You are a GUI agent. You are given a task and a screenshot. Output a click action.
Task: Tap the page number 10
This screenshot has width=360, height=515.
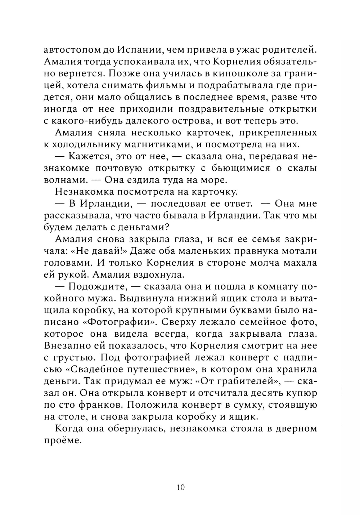(x=180, y=488)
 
